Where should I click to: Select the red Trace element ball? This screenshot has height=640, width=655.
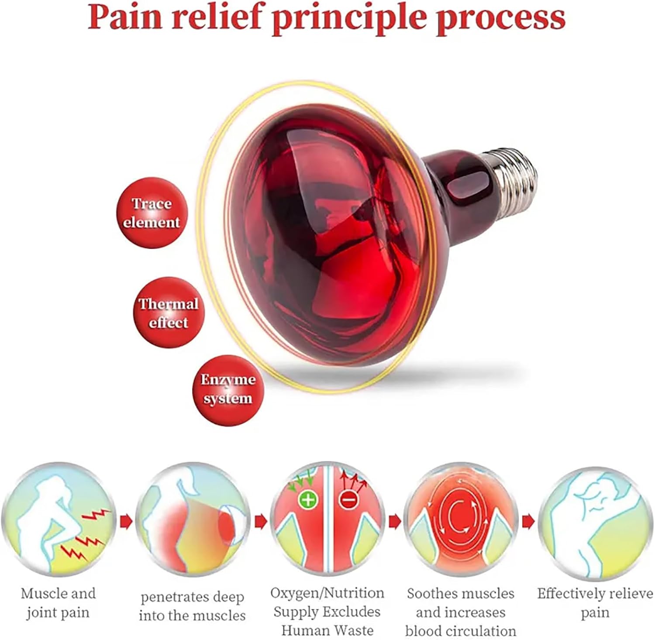click(x=151, y=213)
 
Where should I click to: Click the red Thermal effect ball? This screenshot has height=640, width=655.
click(x=168, y=313)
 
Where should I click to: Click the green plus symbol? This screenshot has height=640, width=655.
click(x=308, y=499)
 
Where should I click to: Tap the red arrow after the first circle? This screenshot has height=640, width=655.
click(x=125, y=521)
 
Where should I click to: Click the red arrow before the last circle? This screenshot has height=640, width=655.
click(x=528, y=521)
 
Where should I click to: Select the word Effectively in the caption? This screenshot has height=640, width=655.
click(x=570, y=594)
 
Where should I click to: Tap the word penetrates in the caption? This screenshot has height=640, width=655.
click(x=169, y=597)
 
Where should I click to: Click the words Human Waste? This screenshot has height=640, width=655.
click(x=327, y=630)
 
